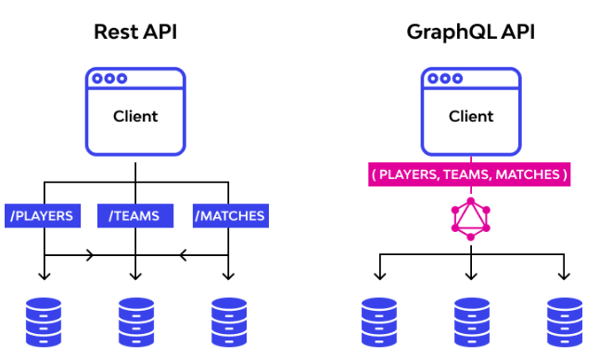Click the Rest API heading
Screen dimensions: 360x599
tap(135, 32)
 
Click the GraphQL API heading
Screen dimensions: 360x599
tap(470, 32)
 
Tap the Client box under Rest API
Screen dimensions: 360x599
tap(135, 111)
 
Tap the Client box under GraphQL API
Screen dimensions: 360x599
tap(471, 111)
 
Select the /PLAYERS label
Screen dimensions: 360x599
tap(43, 216)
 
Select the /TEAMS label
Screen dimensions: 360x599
tap(134, 216)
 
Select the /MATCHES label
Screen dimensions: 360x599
tap(230, 216)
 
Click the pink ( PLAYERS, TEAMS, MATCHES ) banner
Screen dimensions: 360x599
tap(471, 174)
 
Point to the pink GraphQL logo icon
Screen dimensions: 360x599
tap(471, 218)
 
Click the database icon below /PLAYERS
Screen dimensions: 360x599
tap(44, 321)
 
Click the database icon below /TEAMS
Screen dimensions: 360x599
tap(136, 321)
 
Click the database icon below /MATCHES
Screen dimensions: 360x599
tap(228, 321)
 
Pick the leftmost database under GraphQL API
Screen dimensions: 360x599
tap(378, 321)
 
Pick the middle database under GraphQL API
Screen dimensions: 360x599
tap(471, 321)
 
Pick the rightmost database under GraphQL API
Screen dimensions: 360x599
tap(564, 321)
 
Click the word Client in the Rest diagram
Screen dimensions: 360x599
tap(135, 117)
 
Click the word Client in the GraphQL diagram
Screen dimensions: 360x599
tap(471, 117)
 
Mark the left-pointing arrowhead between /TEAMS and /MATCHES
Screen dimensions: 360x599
tap(182, 253)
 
